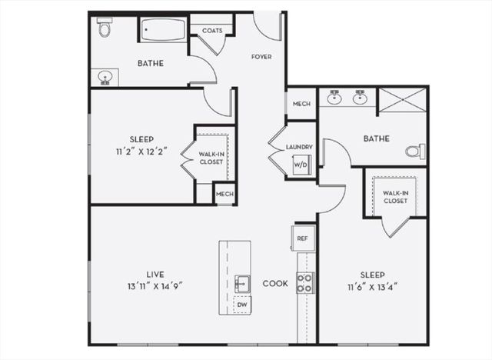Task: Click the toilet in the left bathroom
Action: coord(105,28)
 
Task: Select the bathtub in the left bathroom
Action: coord(162,30)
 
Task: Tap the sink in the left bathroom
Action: coord(105,76)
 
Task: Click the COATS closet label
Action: coord(211,30)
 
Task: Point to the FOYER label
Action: coord(261,57)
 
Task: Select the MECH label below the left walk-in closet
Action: coord(224,194)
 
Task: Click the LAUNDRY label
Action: coord(298,147)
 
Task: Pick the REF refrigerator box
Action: coord(302,238)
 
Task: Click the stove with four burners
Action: coord(304,282)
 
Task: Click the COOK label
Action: coord(274,283)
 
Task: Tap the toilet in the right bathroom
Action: coord(415,151)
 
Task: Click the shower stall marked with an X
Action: coord(401,100)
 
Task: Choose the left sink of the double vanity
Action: coord(334,98)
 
